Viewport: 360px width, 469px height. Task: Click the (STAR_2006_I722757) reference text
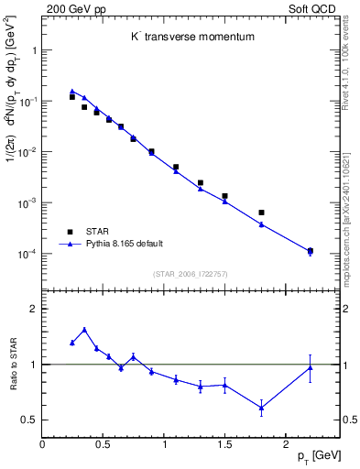point(189,273)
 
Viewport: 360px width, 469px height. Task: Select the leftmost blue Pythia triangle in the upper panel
point(72,92)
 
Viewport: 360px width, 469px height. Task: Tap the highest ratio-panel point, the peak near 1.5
point(84,330)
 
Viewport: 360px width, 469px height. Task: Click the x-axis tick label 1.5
point(224,445)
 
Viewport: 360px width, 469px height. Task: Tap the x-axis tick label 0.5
point(103,445)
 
